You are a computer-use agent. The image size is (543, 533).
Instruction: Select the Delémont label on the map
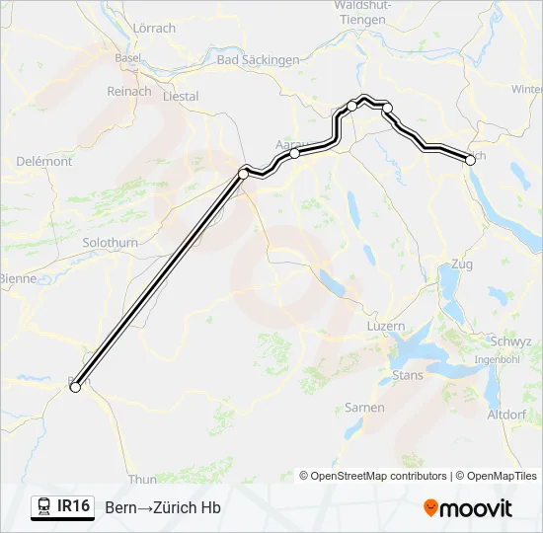click(44, 161)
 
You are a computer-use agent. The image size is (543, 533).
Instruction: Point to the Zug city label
click(461, 265)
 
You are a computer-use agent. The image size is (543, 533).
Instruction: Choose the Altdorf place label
click(506, 415)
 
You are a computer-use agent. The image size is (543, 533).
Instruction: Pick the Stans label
click(408, 375)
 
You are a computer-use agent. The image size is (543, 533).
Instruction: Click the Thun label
click(142, 480)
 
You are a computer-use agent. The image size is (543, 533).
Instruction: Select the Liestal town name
click(180, 97)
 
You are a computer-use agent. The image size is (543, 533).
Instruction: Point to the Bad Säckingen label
click(258, 60)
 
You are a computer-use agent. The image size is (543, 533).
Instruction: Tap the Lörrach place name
click(153, 29)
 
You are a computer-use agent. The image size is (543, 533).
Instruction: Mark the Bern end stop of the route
click(74, 388)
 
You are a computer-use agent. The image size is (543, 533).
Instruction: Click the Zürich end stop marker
click(468, 159)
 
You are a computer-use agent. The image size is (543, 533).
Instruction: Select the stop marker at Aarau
click(294, 153)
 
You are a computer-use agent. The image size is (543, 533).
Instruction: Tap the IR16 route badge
click(62, 507)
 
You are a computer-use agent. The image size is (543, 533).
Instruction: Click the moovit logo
click(468, 508)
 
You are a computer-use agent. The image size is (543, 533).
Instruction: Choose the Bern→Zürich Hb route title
click(162, 508)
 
